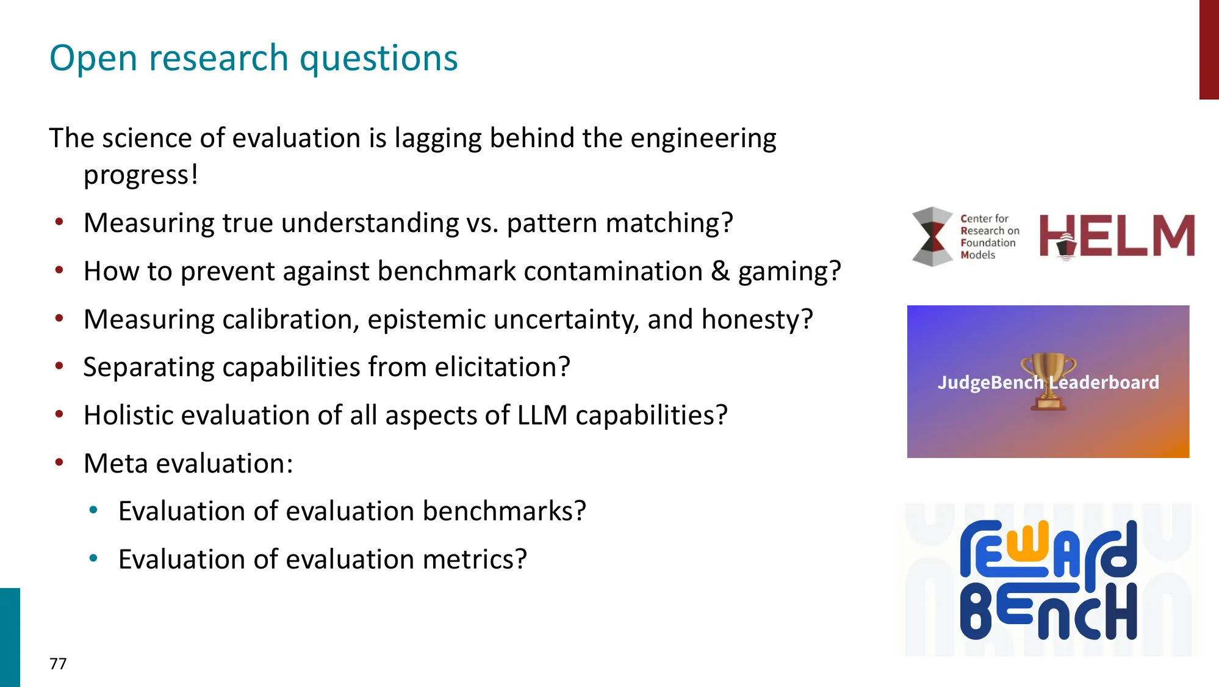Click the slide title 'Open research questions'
(x=253, y=59)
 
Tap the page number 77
(x=58, y=664)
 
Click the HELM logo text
(x=1117, y=236)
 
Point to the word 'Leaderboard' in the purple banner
(x=1104, y=383)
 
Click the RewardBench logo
(x=1048, y=580)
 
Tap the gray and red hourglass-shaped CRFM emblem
(x=932, y=236)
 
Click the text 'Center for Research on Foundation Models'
(x=989, y=237)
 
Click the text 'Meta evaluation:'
(x=188, y=463)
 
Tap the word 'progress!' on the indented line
(x=140, y=175)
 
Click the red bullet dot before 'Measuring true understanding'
(x=59, y=222)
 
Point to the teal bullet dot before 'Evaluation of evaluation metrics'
(x=93, y=558)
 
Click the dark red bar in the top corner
(x=1209, y=49)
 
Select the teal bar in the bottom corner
(x=10, y=637)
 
